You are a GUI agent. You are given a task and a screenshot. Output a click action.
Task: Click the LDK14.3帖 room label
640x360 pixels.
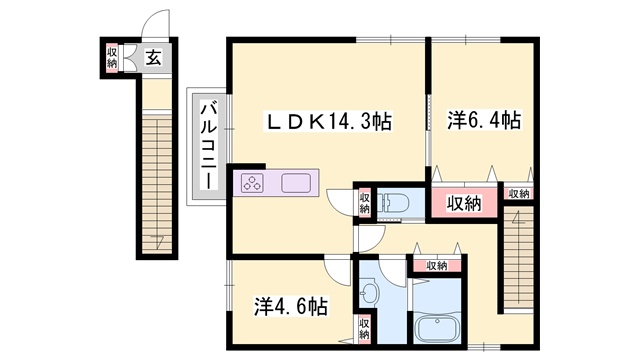[x=329, y=122]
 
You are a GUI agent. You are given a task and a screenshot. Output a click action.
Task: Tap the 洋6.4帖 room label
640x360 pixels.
[x=484, y=120]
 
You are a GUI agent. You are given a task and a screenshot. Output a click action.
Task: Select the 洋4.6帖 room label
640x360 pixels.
[x=291, y=306]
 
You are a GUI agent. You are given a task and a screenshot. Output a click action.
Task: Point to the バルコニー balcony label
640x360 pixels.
[x=209, y=147]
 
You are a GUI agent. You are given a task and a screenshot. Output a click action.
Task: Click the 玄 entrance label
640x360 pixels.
[x=153, y=57]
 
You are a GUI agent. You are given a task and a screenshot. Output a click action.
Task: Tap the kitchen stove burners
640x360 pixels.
[x=253, y=182]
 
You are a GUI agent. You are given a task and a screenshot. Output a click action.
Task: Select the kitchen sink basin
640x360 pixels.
[x=296, y=182]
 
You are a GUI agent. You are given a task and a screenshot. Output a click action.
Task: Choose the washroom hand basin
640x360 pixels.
[x=370, y=291]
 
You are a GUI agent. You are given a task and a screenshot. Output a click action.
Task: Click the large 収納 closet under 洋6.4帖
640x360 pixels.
[x=464, y=202]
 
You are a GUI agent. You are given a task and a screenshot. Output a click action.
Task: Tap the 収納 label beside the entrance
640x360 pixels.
[x=112, y=58]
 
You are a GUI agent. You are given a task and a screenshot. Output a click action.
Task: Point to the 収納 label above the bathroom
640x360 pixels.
[x=437, y=266]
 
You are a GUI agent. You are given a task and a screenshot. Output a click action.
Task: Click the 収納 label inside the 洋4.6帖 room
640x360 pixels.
[x=364, y=329]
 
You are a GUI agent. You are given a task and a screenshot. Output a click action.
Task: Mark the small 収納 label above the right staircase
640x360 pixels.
[x=519, y=194]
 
